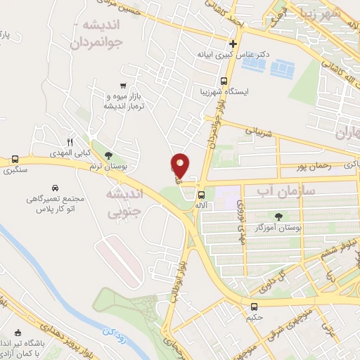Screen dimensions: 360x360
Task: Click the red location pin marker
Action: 180,165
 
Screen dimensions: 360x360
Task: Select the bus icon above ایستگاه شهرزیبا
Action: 224,80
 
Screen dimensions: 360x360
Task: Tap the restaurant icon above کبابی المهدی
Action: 70,141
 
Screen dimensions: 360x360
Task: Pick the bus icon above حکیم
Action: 254,306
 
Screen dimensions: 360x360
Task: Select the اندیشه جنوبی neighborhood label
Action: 124,201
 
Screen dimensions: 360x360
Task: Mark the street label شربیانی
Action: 257,131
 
